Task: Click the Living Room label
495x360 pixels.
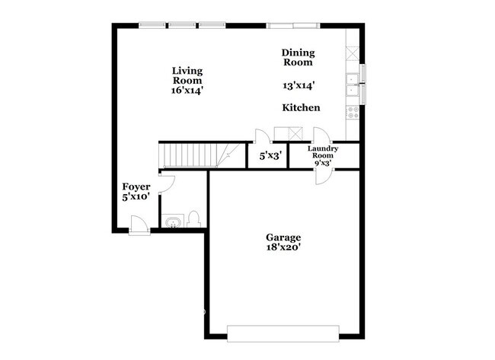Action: tap(187, 75)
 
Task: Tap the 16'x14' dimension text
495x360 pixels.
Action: tap(187, 90)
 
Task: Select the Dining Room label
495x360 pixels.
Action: tap(298, 57)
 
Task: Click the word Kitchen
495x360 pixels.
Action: tap(301, 108)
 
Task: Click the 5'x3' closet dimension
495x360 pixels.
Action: tap(271, 156)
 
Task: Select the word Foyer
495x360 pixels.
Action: tap(136, 186)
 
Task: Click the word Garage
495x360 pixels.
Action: tap(283, 237)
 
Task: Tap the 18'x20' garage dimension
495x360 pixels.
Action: tap(283, 248)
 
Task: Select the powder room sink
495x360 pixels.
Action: tap(174, 221)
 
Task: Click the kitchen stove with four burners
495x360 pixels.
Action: tap(353, 113)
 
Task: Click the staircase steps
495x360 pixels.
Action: tap(190, 156)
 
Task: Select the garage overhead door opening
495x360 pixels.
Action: tap(283, 333)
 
